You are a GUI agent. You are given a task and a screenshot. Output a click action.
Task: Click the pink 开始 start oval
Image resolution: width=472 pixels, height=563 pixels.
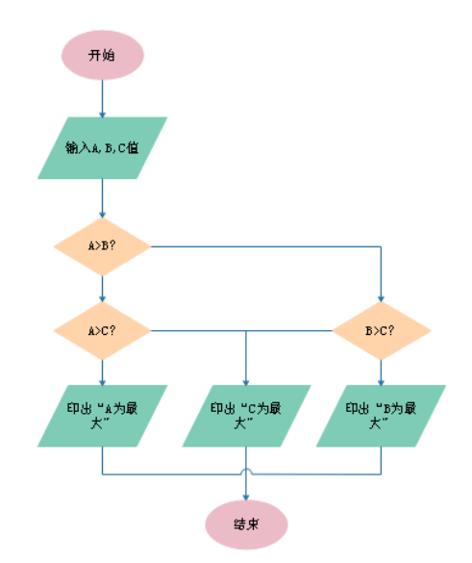coord(102,55)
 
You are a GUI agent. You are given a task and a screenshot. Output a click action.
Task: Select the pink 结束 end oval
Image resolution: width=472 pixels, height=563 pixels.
coord(246,525)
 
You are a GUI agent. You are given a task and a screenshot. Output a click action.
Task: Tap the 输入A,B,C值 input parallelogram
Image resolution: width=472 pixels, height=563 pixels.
coord(102,148)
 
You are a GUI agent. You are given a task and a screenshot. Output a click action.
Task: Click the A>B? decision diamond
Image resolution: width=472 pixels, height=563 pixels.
coord(102,245)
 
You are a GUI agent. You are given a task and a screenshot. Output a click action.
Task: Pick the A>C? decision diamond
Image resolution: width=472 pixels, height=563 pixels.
coord(102,330)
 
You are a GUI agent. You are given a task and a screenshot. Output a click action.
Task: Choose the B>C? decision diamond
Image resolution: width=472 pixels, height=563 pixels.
coord(382,330)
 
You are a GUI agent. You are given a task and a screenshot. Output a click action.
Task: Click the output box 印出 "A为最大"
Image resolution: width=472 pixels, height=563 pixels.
coord(102,415)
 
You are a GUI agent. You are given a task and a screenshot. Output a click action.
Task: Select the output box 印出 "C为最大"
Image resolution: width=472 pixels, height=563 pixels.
coord(246,415)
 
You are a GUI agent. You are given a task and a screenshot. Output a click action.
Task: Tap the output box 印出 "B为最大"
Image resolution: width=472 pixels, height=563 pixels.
coord(382,415)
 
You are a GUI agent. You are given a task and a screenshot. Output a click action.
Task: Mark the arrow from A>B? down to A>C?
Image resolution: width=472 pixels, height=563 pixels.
coord(102,287)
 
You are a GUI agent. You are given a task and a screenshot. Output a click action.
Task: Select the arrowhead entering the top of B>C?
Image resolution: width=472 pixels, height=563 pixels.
coord(382,298)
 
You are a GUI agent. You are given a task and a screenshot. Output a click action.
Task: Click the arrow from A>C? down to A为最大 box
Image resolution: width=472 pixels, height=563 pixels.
coord(102,371)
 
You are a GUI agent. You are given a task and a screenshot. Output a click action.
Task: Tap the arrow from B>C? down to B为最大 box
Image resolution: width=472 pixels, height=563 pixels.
coord(382,371)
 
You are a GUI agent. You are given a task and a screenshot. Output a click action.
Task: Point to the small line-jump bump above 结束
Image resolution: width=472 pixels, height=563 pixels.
coord(246,472)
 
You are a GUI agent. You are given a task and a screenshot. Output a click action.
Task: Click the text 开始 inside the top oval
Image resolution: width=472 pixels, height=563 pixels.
coord(102,55)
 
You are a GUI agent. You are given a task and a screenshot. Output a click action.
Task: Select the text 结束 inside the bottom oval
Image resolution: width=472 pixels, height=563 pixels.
coord(246,525)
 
